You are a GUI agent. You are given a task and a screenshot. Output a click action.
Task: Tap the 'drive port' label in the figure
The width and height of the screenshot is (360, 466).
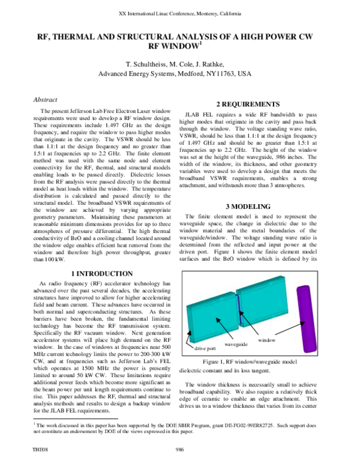pos(204,348)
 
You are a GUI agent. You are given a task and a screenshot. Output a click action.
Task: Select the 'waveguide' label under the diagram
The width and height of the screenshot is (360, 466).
pos(236,345)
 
